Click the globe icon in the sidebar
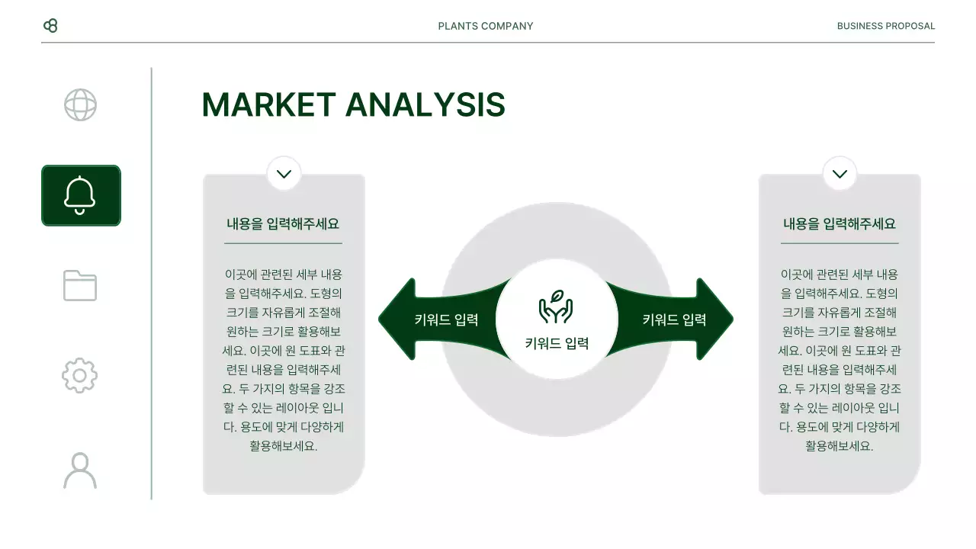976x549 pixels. click(x=80, y=105)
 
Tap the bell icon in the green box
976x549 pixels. click(x=80, y=195)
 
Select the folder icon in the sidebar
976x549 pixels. click(x=80, y=285)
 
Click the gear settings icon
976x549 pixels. click(x=80, y=375)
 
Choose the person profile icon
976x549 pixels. click(x=80, y=470)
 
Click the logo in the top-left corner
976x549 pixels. click(x=50, y=26)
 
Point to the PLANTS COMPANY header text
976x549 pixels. click(x=486, y=26)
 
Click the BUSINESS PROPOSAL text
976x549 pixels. click(x=885, y=26)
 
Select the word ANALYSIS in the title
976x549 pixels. click(x=425, y=105)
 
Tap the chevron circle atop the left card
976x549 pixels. click(x=284, y=174)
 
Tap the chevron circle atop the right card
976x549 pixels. click(x=840, y=174)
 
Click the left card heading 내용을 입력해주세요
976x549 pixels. click(x=283, y=224)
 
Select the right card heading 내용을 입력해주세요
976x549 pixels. click(x=840, y=224)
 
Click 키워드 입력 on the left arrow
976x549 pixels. click(x=446, y=320)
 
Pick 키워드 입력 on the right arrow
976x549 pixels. click(x=674, y=320)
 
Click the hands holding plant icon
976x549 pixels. click(x=556, y=307)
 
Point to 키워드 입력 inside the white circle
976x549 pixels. click(x=557, y=344)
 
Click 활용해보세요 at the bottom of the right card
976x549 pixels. click(x=840, y=446)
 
